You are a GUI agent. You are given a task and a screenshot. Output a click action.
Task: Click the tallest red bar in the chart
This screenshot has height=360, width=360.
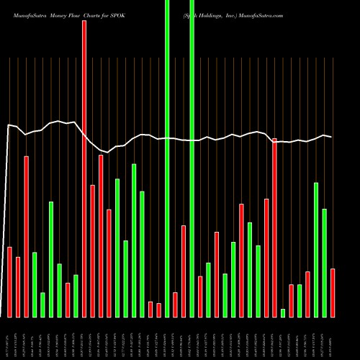coord(84,168)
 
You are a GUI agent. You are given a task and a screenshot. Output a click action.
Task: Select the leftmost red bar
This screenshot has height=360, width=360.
coord(9,282)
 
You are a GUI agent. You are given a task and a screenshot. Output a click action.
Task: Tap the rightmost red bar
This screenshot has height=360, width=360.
coord(333,292)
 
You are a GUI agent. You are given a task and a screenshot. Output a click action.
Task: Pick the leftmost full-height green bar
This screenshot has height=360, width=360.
coord(167,158)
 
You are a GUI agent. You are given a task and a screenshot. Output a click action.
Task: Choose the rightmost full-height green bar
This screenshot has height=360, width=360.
coord(192,158)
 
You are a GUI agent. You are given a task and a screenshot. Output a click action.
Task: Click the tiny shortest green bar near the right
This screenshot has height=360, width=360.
coord(283,312)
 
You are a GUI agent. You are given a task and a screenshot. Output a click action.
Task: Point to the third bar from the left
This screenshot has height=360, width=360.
coord(26,236)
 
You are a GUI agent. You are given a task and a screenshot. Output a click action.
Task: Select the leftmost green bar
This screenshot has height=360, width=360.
coord(35,284)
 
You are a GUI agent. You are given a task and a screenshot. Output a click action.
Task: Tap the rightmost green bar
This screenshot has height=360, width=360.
coord(324,263)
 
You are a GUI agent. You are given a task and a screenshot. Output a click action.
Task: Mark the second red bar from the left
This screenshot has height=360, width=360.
coord(18,287)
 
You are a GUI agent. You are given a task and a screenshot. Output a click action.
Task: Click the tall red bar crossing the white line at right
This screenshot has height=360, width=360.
coord(274,227)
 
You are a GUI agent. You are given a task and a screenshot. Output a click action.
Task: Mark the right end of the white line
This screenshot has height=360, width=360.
coord(331,137)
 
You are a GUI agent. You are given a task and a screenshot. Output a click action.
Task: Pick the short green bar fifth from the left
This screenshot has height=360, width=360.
coord(42,305)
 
